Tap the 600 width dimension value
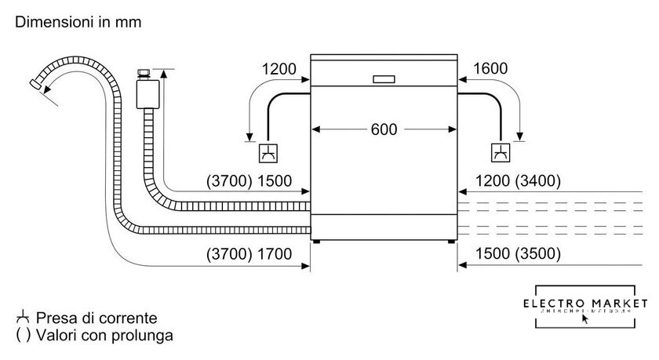click(x=384, y=129)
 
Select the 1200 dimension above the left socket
click(x=279, y=69)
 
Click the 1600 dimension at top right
click(x=490, y=69)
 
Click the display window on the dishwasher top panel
click(x=384, y=78)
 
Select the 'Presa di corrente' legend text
click(x=97, y=318)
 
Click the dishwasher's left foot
click(x=315, y=243)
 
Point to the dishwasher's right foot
click(x=452, y=243)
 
